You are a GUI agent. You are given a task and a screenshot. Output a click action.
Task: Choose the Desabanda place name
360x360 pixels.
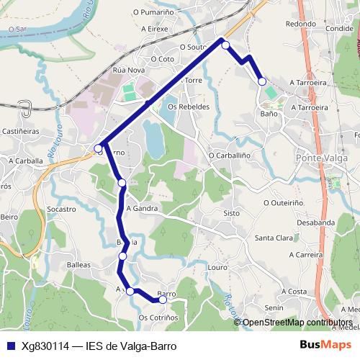pos(315,222)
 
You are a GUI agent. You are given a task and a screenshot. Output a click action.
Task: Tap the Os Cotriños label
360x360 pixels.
pos(158,318)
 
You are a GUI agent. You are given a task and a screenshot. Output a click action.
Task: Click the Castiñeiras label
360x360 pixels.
pos(19,132)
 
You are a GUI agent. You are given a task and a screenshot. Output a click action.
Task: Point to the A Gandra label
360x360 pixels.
pos(141,208)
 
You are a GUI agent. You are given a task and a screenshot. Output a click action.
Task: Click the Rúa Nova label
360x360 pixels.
pos(129,71)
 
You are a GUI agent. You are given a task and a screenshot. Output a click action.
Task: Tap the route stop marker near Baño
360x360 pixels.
pos(262,81)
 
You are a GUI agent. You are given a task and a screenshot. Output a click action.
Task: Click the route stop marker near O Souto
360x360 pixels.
pos(225,45)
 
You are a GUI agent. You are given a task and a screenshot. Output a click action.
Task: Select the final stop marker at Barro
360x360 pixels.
pos(163,300)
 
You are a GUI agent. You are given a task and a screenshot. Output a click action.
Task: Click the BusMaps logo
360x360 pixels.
pos(325,345)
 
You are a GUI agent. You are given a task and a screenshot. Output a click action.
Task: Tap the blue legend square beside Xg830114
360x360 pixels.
pos(11,345)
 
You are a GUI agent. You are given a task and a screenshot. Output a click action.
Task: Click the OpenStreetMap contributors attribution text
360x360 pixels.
pos(297,322)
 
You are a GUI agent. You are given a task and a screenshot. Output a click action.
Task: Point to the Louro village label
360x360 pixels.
pos(217,267)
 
